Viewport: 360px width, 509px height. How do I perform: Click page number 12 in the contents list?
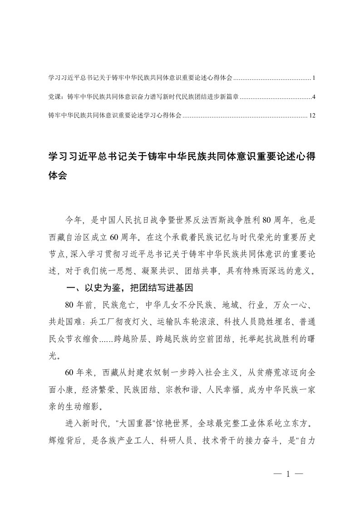(x=311, y=116)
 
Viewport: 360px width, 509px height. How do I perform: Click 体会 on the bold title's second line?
(x=58, y=176)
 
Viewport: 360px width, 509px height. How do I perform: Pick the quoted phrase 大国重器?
(x=140, y=423)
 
